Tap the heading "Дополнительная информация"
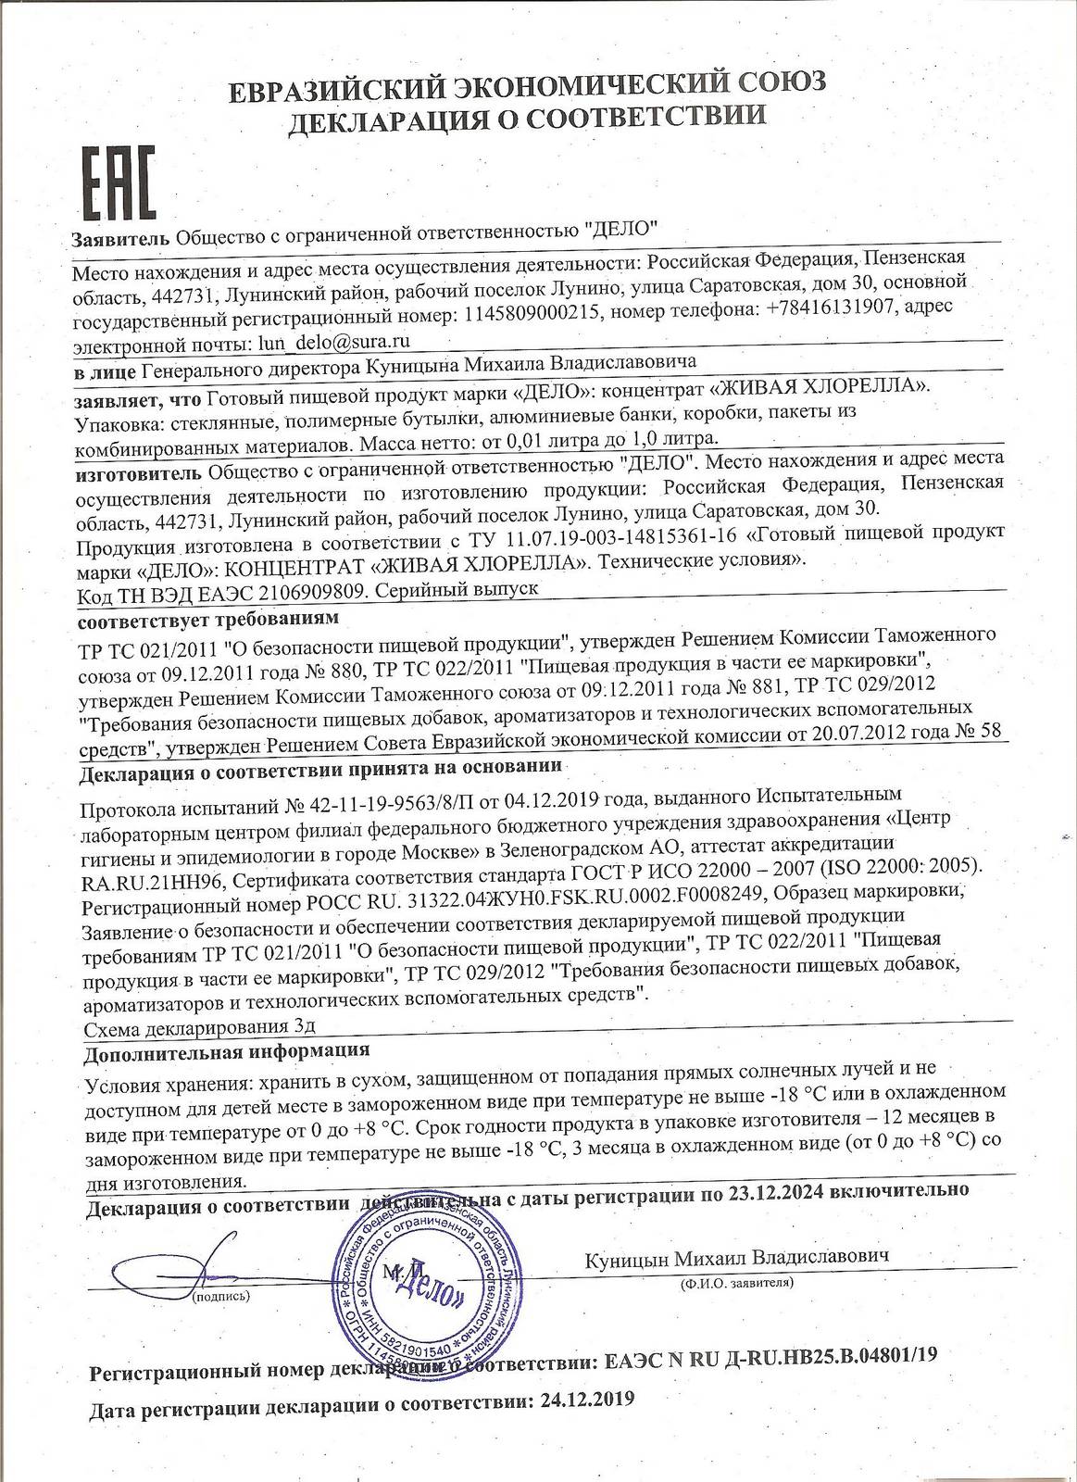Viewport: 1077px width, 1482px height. pyautogui.click(x=226, y=1051)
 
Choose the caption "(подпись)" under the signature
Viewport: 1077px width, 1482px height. pyautogui.click(x=219, y=1299)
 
